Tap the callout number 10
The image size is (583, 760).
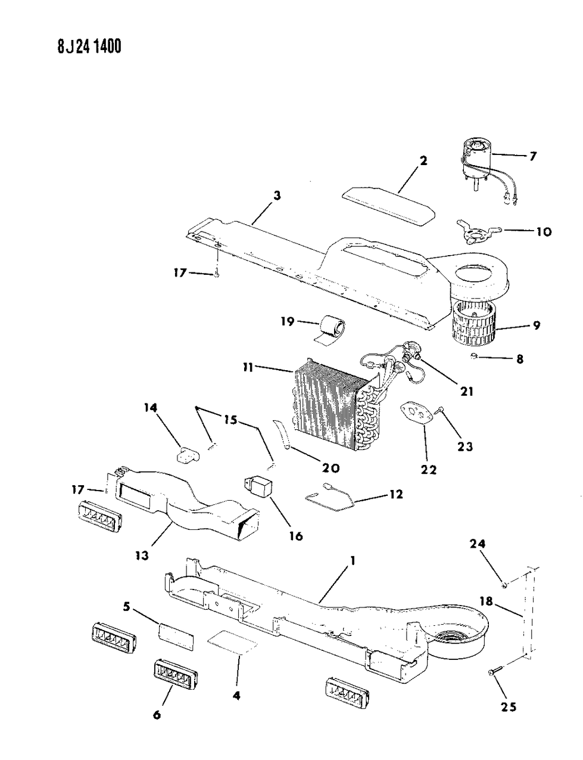point(544,231)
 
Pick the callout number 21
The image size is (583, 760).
point(466,391)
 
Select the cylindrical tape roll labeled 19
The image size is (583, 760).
point(332,328)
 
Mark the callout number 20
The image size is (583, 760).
point(326,468)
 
